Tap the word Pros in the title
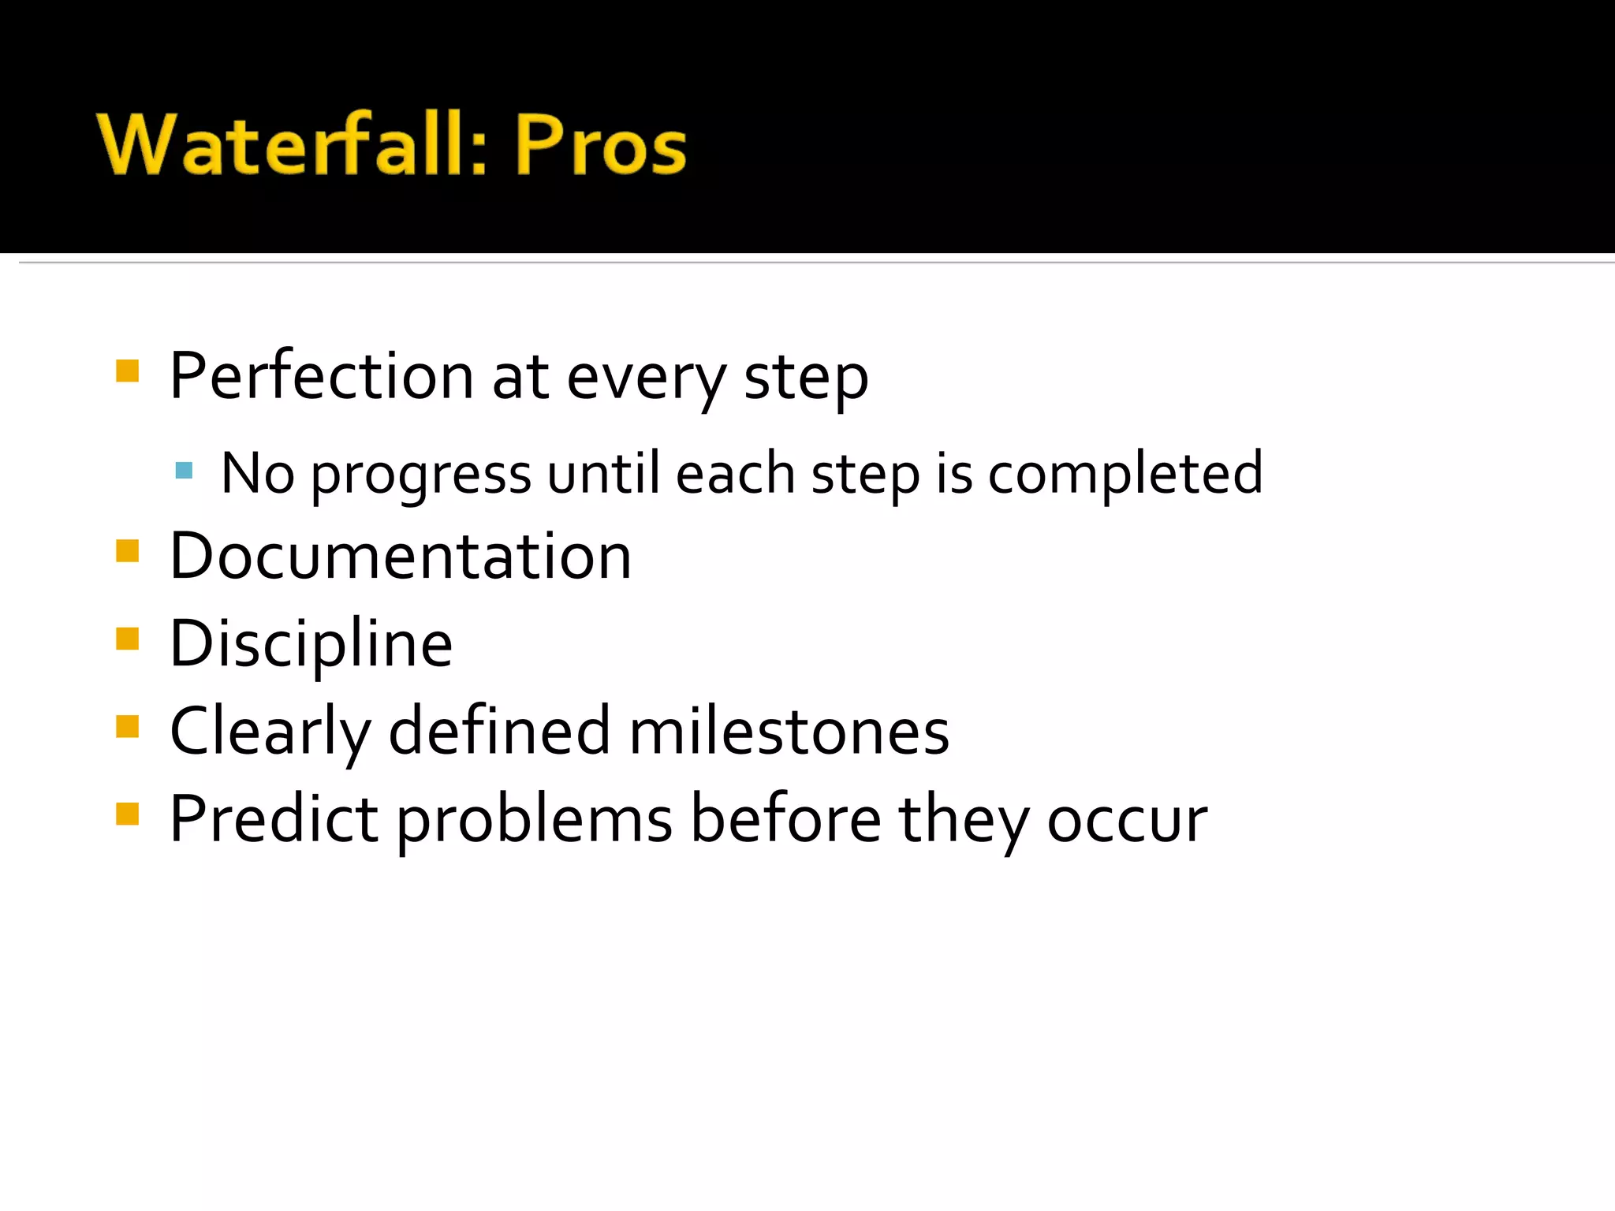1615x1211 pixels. click(x=600, y=145)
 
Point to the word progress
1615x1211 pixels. click(x=421, y=475)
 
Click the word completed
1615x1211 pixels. click(x=1125, y=475)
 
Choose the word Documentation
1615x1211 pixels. click(x=401, y=556)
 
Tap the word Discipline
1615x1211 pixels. click(x=311, y=644)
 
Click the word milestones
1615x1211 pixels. click(x=789, y=731)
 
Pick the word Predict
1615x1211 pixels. click(x=273, y=819)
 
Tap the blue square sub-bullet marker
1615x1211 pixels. click(x=184, y=471)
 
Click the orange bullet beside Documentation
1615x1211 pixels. click(x=127, y=550)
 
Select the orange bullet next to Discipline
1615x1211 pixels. click(x=127, y=638)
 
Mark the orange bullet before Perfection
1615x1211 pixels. click(x=127, y=371)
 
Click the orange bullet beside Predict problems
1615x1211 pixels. click(x=127, y=814)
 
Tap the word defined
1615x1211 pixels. click(x=499, y=731)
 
